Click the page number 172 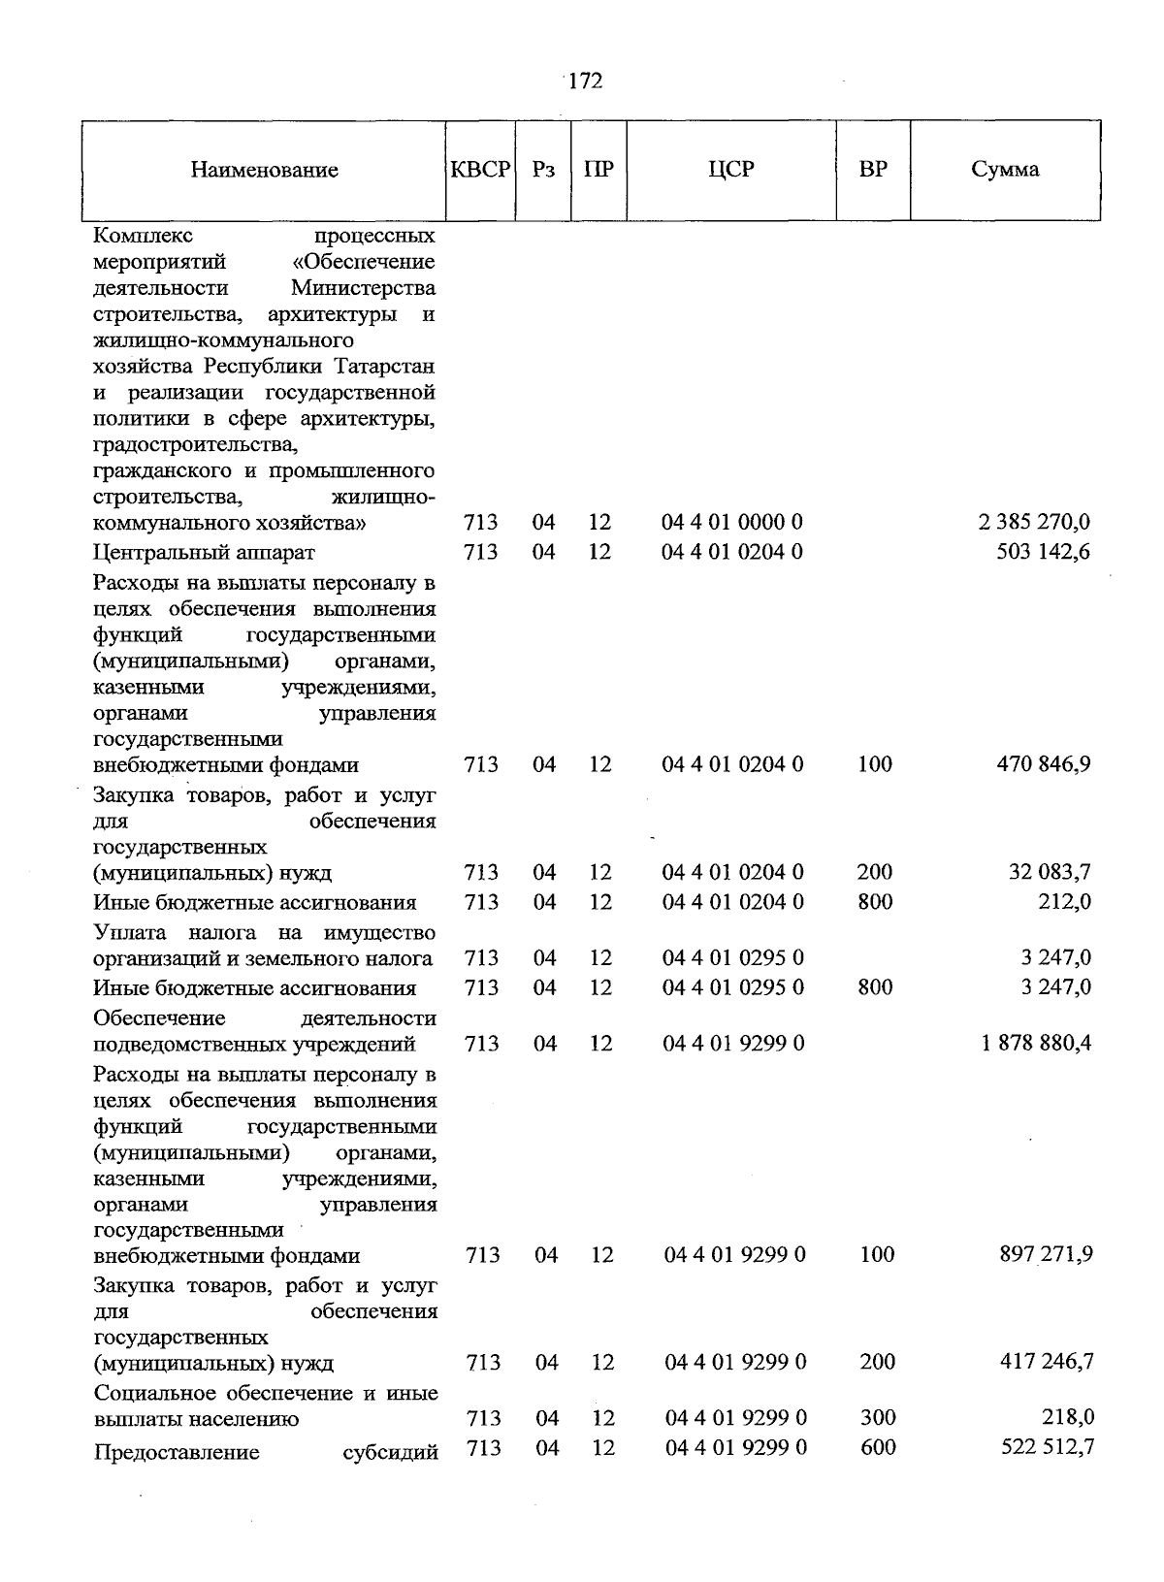(585, 81)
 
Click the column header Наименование (264, 170)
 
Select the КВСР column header (480, 169)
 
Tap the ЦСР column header (730, 169)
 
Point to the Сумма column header (1005, 169)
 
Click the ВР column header (873, 169)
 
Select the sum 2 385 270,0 (1034, 522)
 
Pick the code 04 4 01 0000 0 (732, 522)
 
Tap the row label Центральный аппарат (204, 553)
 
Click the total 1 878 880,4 (1036, 1043)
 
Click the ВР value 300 (877, 1417)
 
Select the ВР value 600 (877, 1447)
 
